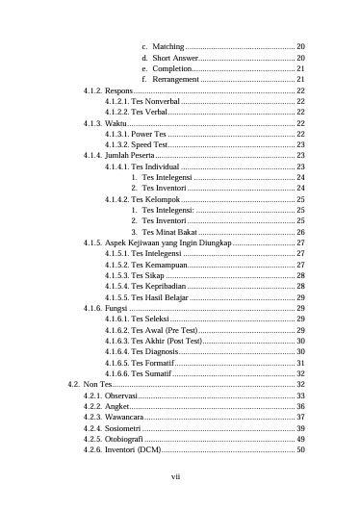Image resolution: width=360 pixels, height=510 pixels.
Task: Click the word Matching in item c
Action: (x=168, y=46)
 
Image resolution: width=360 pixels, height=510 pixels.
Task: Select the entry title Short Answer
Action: (x=175, y=58)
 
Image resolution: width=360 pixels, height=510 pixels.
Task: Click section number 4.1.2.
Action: (x=92, y=90)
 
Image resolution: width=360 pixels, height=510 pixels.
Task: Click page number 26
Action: (x=300, y=232)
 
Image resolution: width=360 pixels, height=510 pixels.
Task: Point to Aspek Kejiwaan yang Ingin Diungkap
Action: (x=168, y=242)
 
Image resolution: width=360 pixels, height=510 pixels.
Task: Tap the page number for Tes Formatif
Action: (x=300, y=363)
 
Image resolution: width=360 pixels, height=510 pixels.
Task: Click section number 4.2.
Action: (x=74, y=384)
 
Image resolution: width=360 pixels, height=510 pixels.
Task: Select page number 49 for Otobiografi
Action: (x=300, y=439)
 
